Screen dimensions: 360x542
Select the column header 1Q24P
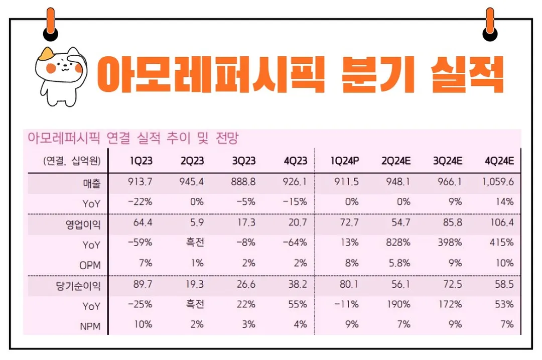(345, 161)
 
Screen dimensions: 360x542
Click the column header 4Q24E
(499, 161)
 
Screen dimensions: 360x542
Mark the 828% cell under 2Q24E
(398, 243)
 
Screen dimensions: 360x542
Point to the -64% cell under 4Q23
(295, 243)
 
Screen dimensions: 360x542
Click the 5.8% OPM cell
(399, 263)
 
